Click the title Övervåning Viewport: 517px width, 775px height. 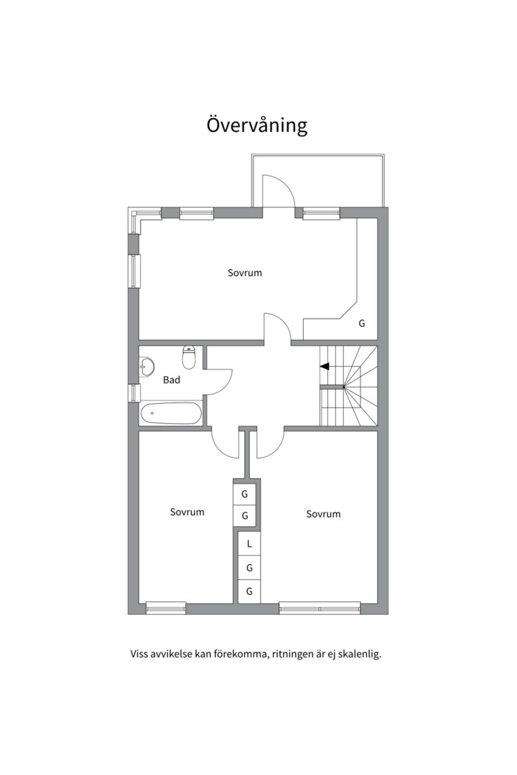pos(257,125)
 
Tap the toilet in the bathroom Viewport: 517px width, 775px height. pos(190,357)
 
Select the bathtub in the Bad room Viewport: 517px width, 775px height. pos(171,413)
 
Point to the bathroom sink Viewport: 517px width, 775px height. pos(146,366)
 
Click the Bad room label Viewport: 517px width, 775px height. pos(172,380)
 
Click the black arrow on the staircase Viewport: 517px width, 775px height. pos(325,366)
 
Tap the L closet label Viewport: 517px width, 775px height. pos(249,544)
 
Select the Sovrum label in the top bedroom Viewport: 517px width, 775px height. pos(244,273)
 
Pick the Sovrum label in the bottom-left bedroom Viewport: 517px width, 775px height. pos(187,512)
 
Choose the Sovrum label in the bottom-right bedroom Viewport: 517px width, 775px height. pos(323,514)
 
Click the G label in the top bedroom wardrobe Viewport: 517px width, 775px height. pos(362,323)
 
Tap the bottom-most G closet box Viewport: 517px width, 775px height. pos(249,591)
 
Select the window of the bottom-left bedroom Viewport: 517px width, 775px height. pos(166,609)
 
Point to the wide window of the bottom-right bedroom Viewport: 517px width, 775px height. pos(320,609)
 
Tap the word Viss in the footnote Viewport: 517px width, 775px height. pos(139,654)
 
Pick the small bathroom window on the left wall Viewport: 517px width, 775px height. pos(134,393)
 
